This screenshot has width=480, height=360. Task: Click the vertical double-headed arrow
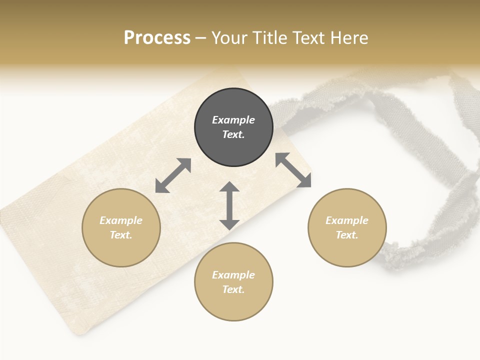coord(229,205)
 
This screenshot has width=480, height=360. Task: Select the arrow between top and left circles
coord(173,175)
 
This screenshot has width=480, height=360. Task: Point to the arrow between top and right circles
coord(293,170)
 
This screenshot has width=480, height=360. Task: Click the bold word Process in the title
coord(157,37)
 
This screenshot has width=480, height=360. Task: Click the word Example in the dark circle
coord(233,120)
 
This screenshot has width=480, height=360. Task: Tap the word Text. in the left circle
coord(121,235)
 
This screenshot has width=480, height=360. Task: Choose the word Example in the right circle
coord(347,220)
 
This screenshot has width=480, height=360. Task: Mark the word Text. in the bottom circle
coord(233,289)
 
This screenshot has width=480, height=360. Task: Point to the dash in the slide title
coord(201,38)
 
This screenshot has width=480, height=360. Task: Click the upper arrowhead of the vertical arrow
coord(229,187)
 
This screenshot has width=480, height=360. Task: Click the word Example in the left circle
coord(121,220)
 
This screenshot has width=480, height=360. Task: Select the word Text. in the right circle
coord(347,235)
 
